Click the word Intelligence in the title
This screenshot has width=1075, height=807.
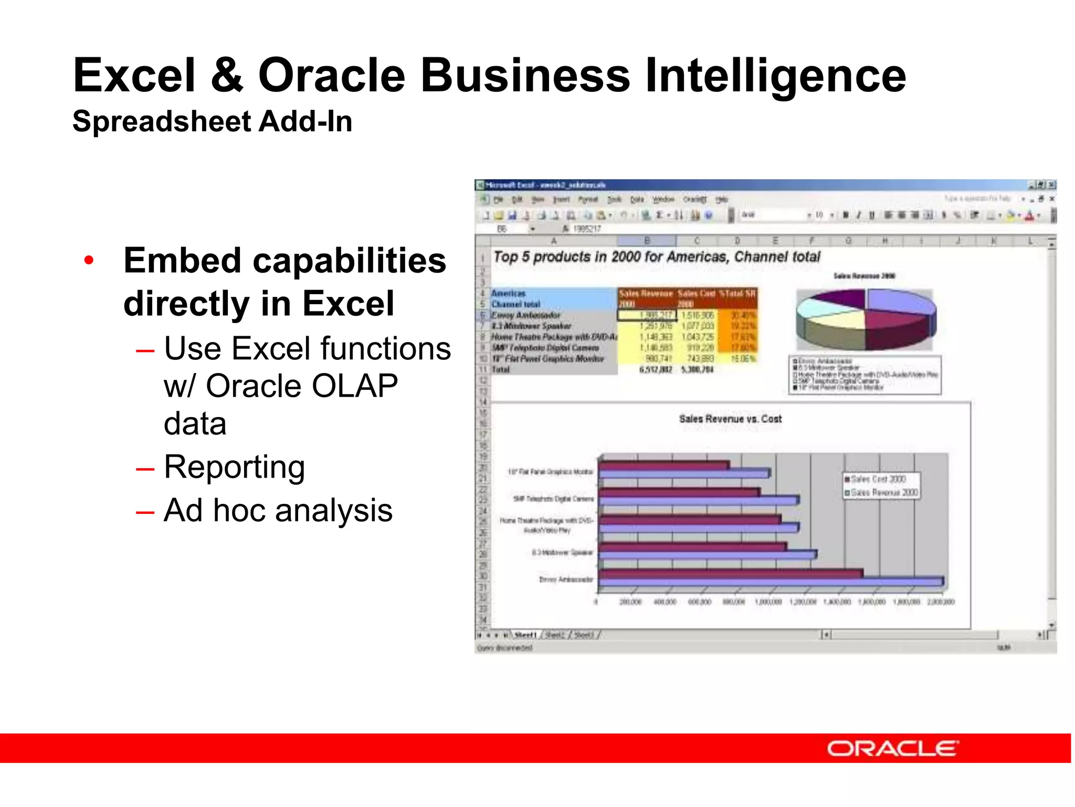click(x=775, y=76)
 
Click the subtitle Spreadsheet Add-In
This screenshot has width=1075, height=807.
click(x=212, y=121)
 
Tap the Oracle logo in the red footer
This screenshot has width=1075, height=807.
click(x=892, y=748)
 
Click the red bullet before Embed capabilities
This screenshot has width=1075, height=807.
click(x=89, y=260)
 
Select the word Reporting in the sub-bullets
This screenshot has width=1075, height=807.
click(x=234, y=467)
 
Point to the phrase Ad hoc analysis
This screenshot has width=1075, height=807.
click(x=278, y=510)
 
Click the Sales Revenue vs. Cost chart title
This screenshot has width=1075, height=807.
click(x=730, y=419)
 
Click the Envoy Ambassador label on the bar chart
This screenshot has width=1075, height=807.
click(x=565, y=579)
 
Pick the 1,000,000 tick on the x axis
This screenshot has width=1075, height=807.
click(x=768, y=602)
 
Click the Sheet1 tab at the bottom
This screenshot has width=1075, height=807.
click(x=525, y=635)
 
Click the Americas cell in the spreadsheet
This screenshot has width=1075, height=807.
click(x=508, y=293)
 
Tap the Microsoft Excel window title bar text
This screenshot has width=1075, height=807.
click(x=546, y=185)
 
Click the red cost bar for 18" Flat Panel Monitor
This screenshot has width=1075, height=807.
click(x=663, y=465)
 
